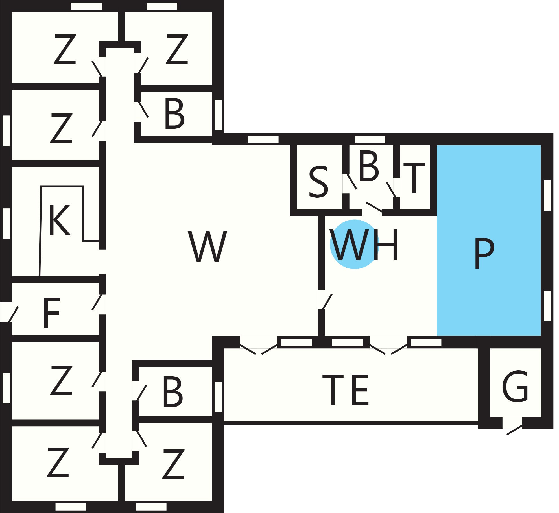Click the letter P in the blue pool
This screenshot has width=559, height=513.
[x=484, y=253]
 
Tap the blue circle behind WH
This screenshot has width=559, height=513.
[x=354, y=244]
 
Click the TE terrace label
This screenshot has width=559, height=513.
[x=346, y=390]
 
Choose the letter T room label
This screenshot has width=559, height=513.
[x=414, y=178]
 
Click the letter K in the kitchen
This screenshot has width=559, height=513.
[x=60, y=220]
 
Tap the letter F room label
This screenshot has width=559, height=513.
[x=51, y=313]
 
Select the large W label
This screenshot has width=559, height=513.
[x=208, y=246]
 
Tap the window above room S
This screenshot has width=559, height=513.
[x=263, y=139]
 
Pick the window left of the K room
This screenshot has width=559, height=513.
[x=6, y=224]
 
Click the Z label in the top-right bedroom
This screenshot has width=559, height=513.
[x=177, y=49]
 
